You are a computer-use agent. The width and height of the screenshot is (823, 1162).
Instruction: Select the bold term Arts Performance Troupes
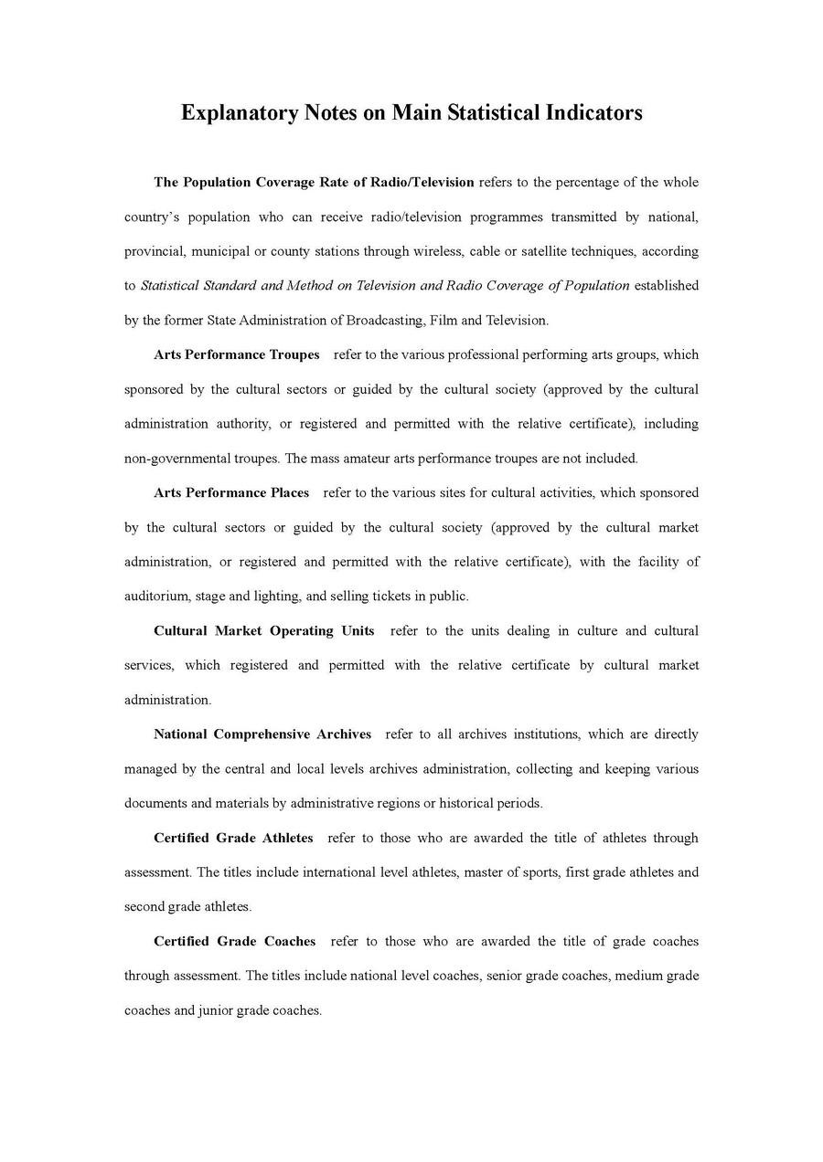(237, 354)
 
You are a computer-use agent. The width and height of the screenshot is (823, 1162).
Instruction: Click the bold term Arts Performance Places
(231, 492)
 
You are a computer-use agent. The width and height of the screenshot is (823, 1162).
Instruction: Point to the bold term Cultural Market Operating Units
(264, 630)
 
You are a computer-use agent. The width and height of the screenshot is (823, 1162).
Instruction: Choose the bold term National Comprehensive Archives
(262, 734)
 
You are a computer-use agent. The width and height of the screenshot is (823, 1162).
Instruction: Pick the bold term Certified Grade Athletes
(233, 838)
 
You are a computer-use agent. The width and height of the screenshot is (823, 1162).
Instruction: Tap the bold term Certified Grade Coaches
(235, 941)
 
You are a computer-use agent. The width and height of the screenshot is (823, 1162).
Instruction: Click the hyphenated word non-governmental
(176, 459)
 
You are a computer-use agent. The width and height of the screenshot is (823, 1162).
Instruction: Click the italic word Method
(309, 286)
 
